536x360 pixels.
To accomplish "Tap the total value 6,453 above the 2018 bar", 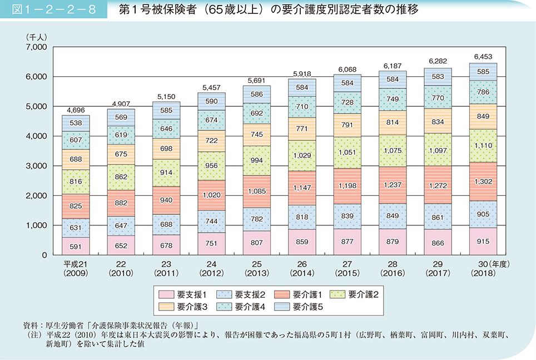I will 483,57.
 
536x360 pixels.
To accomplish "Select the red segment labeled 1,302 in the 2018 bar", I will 483,181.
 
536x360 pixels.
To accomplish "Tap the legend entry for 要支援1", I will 183,294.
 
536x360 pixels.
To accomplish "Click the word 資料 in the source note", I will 28,325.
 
